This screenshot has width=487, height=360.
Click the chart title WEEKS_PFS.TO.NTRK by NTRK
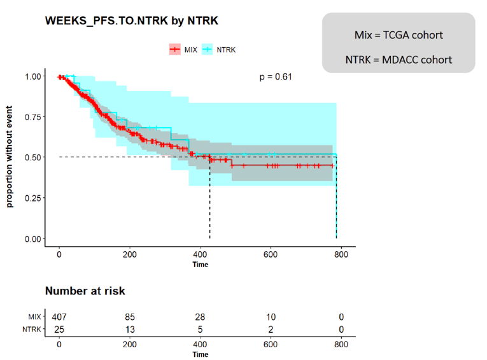(x=131, y=20)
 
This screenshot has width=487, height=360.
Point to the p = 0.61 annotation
(x=276, y=77)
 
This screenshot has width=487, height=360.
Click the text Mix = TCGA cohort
(x=399, y=35)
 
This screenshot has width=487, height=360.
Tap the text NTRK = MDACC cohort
(x=399, y=60)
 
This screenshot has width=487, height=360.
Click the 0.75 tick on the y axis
(x=34, y=116)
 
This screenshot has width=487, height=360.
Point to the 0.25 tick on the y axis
(x=34, y=198)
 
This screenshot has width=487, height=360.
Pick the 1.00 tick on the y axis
(x=34, y=76)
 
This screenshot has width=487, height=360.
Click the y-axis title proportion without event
(x=10, y=157)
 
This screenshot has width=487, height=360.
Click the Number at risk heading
(x=85, y=291)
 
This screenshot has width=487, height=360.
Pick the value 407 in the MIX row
(x=59, y=316)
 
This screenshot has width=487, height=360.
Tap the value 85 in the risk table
(x=130, y=316)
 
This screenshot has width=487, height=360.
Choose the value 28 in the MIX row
(x=201, y=316)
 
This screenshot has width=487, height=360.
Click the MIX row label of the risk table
(x=34, y=316)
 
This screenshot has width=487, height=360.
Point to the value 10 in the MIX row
(x=271, y=316)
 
